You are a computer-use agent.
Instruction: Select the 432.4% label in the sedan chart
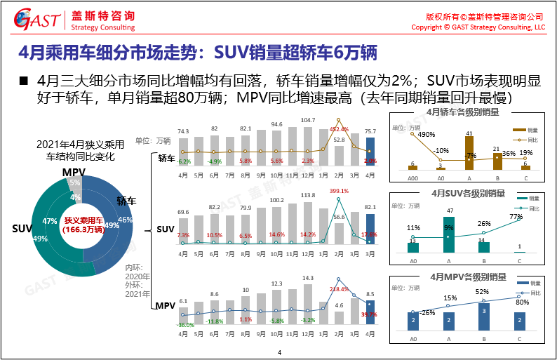339,130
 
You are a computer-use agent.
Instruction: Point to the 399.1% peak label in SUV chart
339,191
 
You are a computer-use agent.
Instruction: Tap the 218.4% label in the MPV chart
339,288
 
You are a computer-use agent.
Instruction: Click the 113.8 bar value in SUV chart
307,195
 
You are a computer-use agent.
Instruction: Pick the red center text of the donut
83,225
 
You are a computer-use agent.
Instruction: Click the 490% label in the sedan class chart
427,134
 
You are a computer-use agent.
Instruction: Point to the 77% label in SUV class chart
516,217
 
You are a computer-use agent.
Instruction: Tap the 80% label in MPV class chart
521,302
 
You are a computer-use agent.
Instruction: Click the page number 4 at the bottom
279,352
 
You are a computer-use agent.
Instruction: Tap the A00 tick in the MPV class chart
413,338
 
